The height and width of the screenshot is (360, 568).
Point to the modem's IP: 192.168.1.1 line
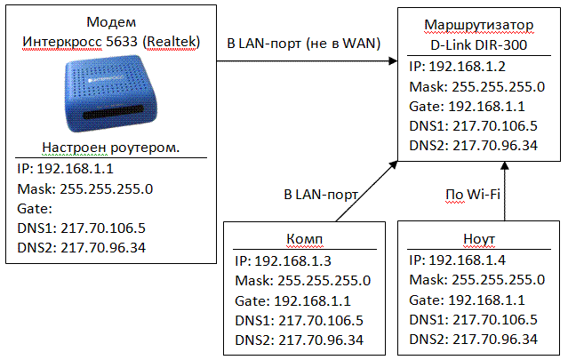tap(66, 168)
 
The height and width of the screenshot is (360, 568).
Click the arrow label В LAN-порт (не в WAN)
tap(300, 43)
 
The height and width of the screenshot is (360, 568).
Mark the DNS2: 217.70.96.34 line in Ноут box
tap(474, 339)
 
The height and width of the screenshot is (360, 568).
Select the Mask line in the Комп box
tap(303, 280)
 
